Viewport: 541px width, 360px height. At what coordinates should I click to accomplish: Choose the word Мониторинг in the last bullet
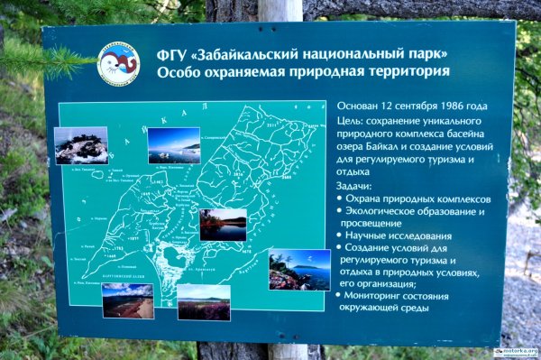tap(379, 295)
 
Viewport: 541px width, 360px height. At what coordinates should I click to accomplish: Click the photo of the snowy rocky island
tap(80, 145)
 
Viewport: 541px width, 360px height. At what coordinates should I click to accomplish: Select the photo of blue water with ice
tap(173, 144)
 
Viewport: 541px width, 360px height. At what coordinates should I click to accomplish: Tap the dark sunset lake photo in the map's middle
tap(223, 225)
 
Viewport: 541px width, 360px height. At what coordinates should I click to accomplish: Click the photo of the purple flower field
tap(203, 302)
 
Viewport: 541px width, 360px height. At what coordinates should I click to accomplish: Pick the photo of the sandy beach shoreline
tap(127, 300)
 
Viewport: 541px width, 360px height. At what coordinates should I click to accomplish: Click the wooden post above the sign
tap(280, 10)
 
